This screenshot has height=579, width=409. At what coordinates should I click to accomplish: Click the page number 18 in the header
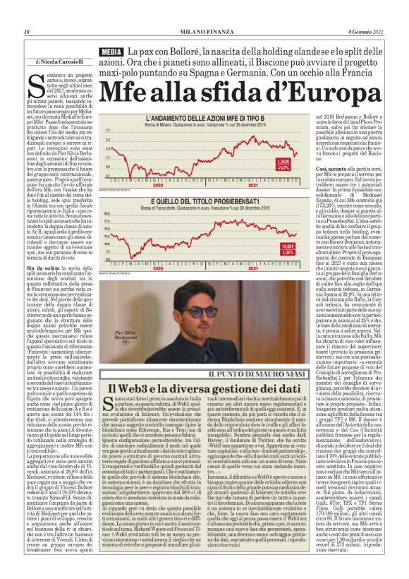pyautogui.click(x=26, y=31)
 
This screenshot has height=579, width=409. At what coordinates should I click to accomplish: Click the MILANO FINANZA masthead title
pyautogui.click(x=204, y=31)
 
